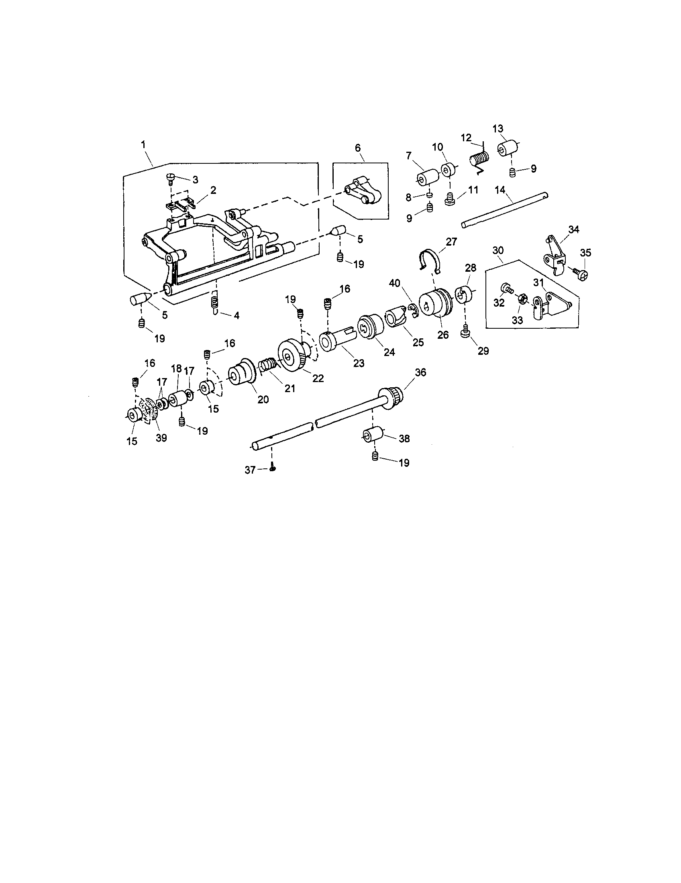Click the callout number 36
click(420, 372)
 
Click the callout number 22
click(318, 378)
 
